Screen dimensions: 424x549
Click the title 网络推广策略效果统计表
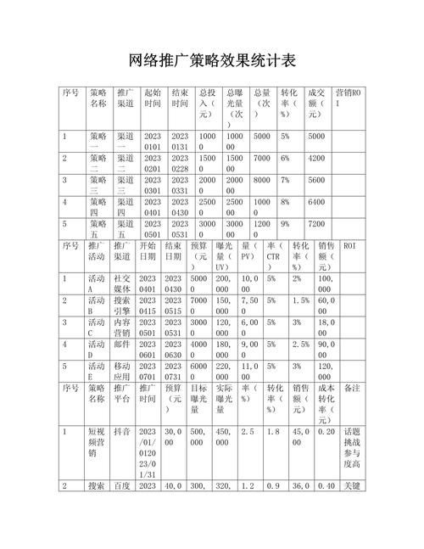pos(212,60)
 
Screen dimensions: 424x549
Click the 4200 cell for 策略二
pos(317,158)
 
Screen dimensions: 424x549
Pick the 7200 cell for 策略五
pos(317,223)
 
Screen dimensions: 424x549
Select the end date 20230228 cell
pos(181,163)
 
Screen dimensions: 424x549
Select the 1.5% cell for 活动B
pos(301,300)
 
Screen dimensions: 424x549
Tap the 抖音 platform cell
pos(123,432)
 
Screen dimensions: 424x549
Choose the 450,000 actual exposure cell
pos(226,432)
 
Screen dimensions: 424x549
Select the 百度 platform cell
pos(123,486)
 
